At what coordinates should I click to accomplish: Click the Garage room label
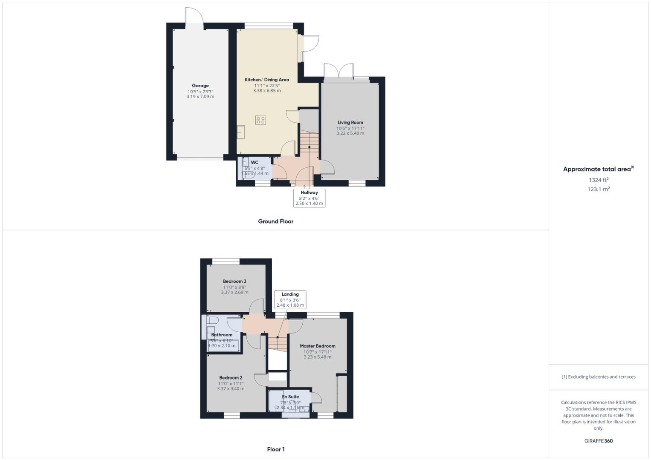200,86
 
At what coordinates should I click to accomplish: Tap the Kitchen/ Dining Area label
267,80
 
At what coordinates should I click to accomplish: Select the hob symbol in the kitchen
260,120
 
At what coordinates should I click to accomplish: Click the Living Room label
350,123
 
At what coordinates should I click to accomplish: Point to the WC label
255,162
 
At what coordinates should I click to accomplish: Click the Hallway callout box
309,198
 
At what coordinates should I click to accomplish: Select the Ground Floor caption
275,221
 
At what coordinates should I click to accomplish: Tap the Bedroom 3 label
234,282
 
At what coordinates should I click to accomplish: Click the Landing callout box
290,299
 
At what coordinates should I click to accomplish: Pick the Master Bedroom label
317,346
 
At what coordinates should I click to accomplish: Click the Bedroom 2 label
231,378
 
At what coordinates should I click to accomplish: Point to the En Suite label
290,397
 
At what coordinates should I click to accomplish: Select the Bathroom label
222,335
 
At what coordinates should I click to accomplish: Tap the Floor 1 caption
275,449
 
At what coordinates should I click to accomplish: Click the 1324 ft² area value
598,180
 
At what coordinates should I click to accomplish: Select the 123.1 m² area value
598,190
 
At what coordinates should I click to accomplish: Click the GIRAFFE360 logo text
598,441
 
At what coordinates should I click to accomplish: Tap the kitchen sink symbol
242,132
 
